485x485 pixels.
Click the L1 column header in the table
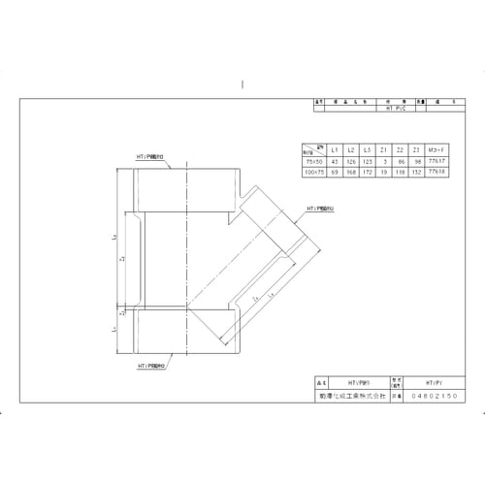coord(334,150)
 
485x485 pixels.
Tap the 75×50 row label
coord(312,161)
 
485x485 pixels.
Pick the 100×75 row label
coord(312,171)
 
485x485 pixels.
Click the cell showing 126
coord(350,161)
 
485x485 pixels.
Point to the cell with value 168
coord(350,171)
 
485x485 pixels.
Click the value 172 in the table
coord(367,171)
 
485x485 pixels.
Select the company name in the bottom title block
coord(364,396)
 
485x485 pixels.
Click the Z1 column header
coord(383,150)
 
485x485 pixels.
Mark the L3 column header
coord(367,150)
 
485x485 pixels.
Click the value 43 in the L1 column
coord(334,161)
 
